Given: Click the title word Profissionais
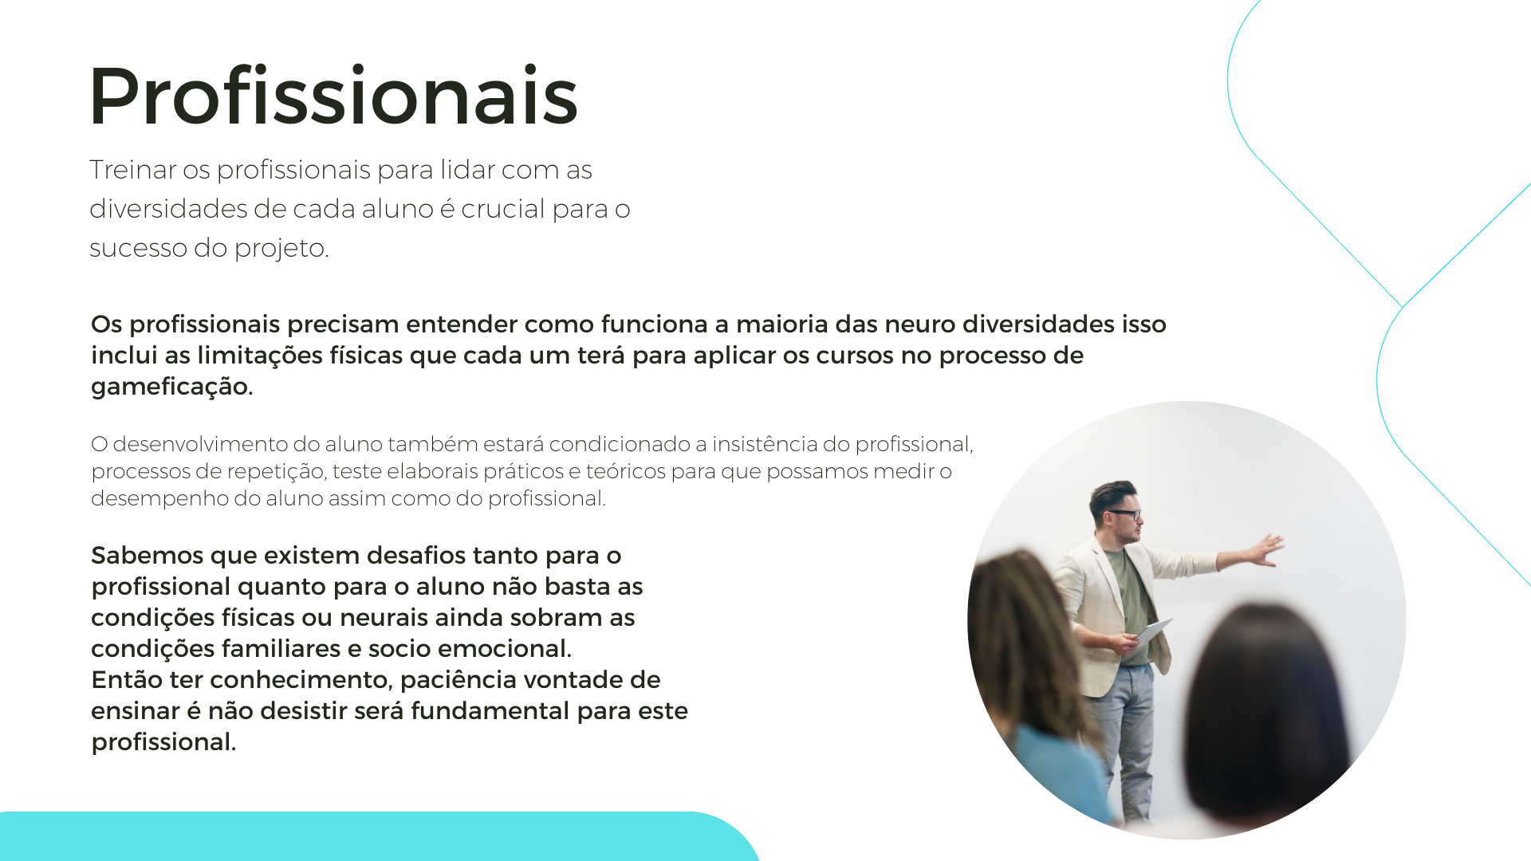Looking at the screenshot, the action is click(333, 96).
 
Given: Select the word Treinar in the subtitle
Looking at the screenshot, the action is click(132, 170).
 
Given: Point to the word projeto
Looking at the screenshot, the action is click(281, 249).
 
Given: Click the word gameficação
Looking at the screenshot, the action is click(171, 387).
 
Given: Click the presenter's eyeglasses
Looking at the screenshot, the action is click(1125, 514).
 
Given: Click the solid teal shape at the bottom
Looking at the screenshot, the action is click(375, 836).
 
